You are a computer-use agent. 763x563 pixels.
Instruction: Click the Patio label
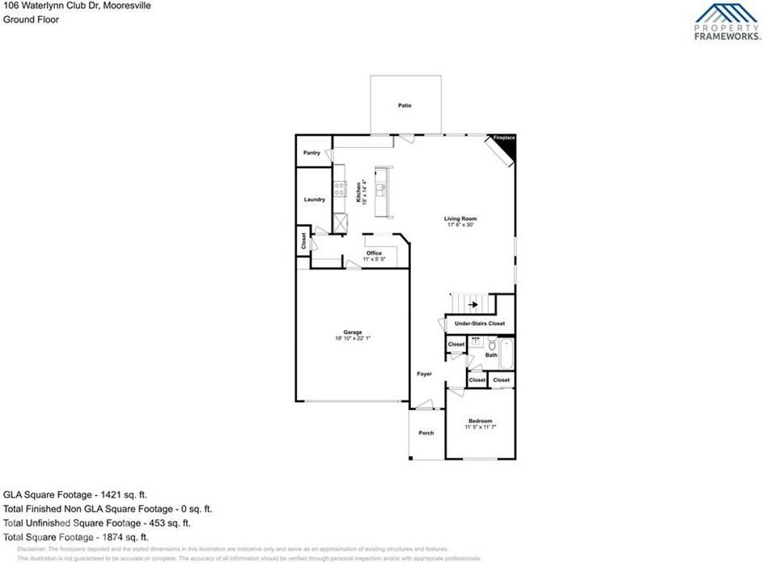(405, 105)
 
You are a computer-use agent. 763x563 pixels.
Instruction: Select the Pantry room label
(312, 152)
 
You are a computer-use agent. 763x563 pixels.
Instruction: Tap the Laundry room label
(314, 199)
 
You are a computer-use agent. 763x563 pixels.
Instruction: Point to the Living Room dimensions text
(460, 225)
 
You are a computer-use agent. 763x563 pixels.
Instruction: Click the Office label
(373, 253)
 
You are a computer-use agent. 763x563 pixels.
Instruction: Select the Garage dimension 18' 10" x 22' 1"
(352, 338)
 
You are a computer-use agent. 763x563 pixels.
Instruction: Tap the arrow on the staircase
(473, 305)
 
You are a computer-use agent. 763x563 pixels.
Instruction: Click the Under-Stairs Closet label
(479, 324)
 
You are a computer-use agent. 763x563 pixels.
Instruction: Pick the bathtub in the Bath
(507, 353)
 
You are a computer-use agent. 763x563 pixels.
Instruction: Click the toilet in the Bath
(491, 343)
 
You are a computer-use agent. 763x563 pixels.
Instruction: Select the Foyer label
(424, 374)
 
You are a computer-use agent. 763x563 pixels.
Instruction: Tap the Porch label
(426, 433)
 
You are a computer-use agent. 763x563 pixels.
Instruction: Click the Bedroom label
(480, 421)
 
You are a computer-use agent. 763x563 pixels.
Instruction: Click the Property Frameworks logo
(727, 22)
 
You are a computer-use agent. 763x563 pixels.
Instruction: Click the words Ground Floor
(31, 19)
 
